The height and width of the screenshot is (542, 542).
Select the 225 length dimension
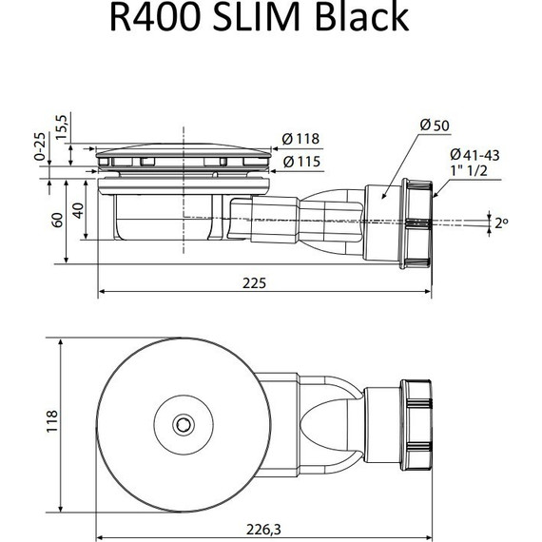[254, 282]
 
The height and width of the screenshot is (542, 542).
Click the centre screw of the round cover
[180, 421]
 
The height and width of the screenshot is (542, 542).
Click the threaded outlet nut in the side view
[416, 223]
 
